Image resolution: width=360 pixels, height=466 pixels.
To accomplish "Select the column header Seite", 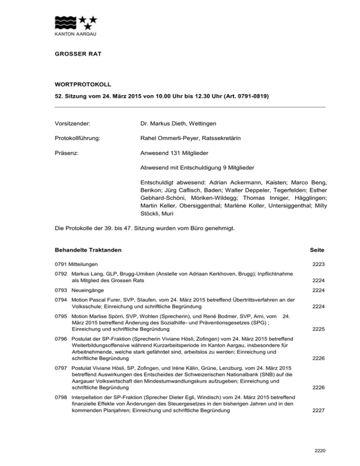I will (x=316, y=250).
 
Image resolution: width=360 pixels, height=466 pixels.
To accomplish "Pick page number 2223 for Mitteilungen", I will (x=317, y=264).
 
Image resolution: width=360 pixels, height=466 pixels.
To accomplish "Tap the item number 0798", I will (x=61, y=397).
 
